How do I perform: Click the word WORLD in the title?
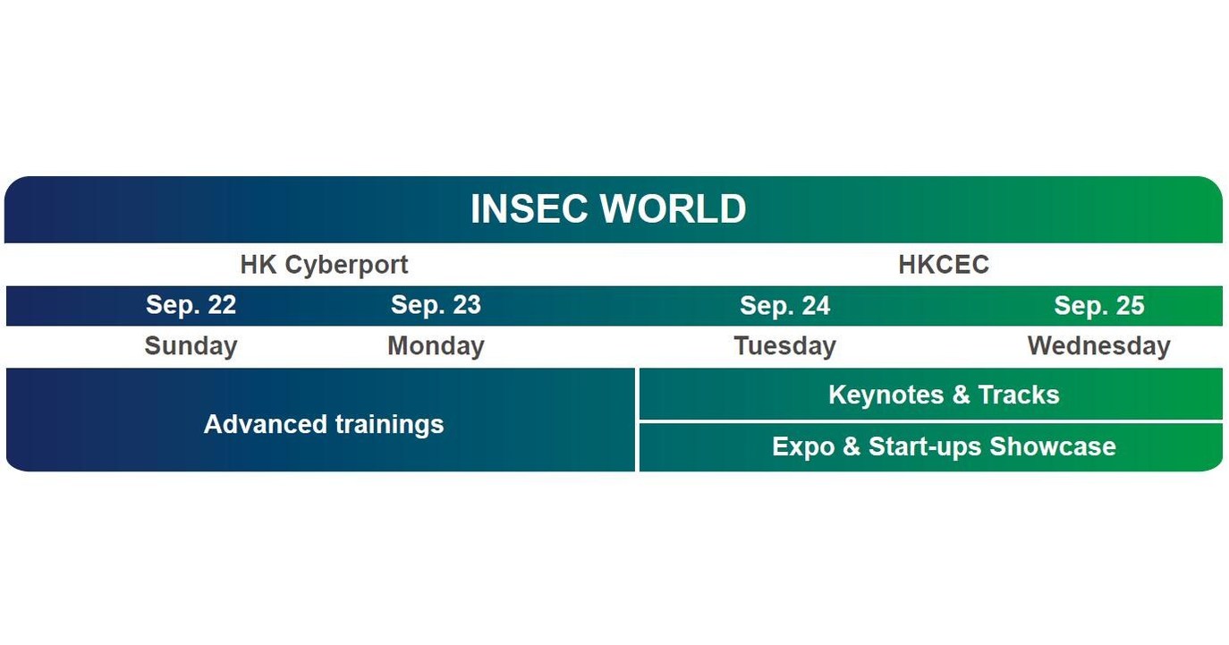coord(674,209)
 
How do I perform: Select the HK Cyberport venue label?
coord(324,265)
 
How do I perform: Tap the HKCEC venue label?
coord(944,265)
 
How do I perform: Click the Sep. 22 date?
coord(191,306)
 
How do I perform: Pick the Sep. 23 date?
coord(436,306)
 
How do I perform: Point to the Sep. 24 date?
coord(784,306)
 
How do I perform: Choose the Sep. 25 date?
coord(1099,306)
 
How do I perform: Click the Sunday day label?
coord(191,346)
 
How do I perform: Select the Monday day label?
coord(436,346)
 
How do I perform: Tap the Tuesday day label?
coord(784,346)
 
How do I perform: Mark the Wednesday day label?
coord(1098,346)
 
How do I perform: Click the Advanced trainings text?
coord(324,424)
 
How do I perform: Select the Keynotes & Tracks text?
coord(944,395)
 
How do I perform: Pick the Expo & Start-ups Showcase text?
coord(944,446)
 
